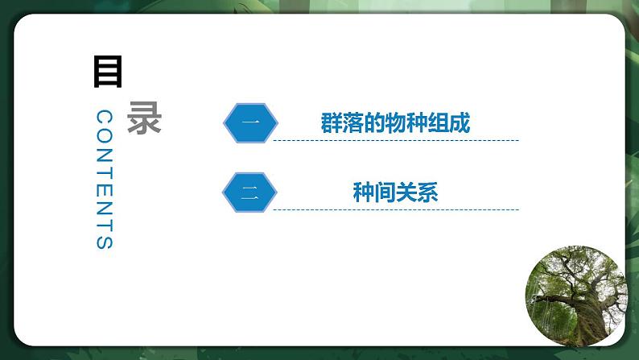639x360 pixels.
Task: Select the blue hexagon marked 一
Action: click(250, 123)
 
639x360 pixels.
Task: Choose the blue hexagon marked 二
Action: click(249, 192)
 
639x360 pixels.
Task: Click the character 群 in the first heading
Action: click(331, 124)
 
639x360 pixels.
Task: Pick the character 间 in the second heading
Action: click(385, 192)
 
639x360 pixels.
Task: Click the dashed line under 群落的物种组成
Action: click(395, 140)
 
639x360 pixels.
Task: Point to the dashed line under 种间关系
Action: click(395, 209)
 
